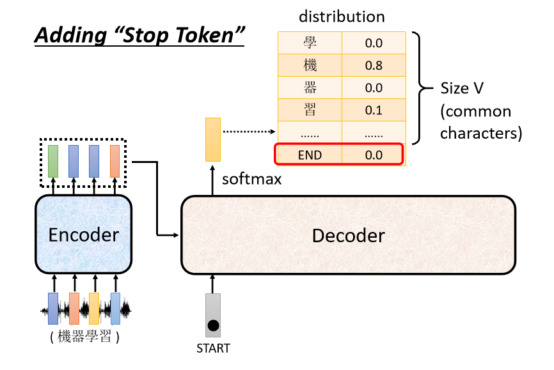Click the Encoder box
point(83,234)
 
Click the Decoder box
point(349,235)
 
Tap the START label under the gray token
point(213,348)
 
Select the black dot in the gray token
point(213,325)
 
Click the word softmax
point(251,180)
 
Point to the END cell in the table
point(310,155)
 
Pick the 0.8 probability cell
point(374,65)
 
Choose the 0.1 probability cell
point(374,110)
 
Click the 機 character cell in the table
point(310,65)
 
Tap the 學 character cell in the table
point(310,43)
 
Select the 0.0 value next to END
point(374,155)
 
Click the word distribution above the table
point(342,17)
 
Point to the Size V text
point(462,88)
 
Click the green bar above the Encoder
point(53,161)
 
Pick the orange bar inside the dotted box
point(115,161)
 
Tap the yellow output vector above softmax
point(213,139)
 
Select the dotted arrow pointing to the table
point(249,132)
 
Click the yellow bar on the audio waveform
point(94,309)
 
